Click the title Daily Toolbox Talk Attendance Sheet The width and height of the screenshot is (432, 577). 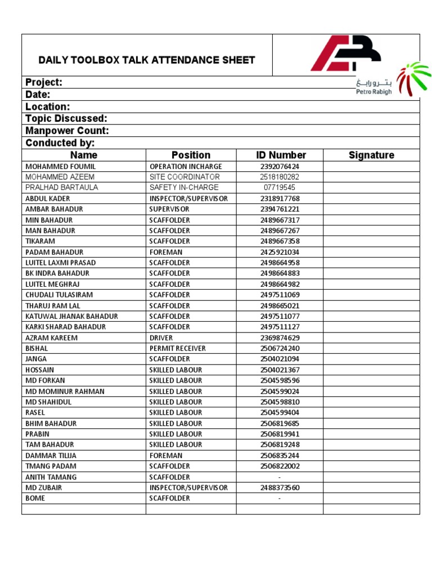pyautogui.click(x=147, y=60)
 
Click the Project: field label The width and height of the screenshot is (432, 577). pyautogui.click(x=44, y=82)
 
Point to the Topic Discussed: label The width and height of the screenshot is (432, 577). pyautogui.click(x=66, y=118)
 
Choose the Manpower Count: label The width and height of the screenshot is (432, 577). pyautogui.click(x=67, y=131)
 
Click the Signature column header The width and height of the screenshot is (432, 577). pyautogui.click(x=371, y=155)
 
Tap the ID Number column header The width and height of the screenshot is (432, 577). pyautogui.click(x=281, y=155)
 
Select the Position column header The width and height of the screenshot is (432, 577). pyautogui.click(x=191, y=155)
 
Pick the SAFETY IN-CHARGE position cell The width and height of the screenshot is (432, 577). pyautogui.click(x=184, y=188)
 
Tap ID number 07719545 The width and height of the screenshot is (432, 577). pyautogui.click(x=280, y=188)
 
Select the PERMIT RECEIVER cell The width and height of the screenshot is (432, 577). pyautogui.click(x=177, y=349)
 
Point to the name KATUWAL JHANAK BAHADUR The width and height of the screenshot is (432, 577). pyautogui.click(x=71, y=317)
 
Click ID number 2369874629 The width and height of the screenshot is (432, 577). pyautogui.click(x=280, y=338)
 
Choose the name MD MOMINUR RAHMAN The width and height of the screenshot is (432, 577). pyautogui.click(x=65, y=392)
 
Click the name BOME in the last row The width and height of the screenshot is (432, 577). pyautogui.click(x=35, y=499)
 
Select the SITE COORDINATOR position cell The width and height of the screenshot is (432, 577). pyautogui.click(x=184, y=177)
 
